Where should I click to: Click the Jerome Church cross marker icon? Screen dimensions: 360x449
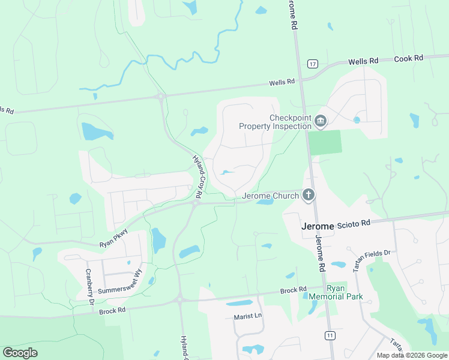[x=309, y=195]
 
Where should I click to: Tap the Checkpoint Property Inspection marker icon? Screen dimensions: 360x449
[x=321, y=122]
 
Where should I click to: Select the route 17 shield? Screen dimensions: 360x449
[x=312, y=64]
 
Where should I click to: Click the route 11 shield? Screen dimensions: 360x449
[x=330, y=335]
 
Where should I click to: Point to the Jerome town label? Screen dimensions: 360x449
[x=317, y=226]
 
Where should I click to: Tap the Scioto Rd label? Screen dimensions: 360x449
[x=354, y=224]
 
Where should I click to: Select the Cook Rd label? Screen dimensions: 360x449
[x=409, y=58]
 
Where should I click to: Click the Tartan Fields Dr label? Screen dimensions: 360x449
[x=372, y=261]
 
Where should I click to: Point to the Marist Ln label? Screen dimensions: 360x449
[x=249, y=316]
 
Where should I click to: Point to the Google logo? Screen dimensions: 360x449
[x=20, y=353]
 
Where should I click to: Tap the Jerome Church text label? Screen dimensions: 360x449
[x=270, y=196]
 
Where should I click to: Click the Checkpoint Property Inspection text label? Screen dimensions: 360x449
[x=276, y=122]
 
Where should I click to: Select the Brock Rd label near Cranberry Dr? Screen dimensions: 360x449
[x=112, y=310]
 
